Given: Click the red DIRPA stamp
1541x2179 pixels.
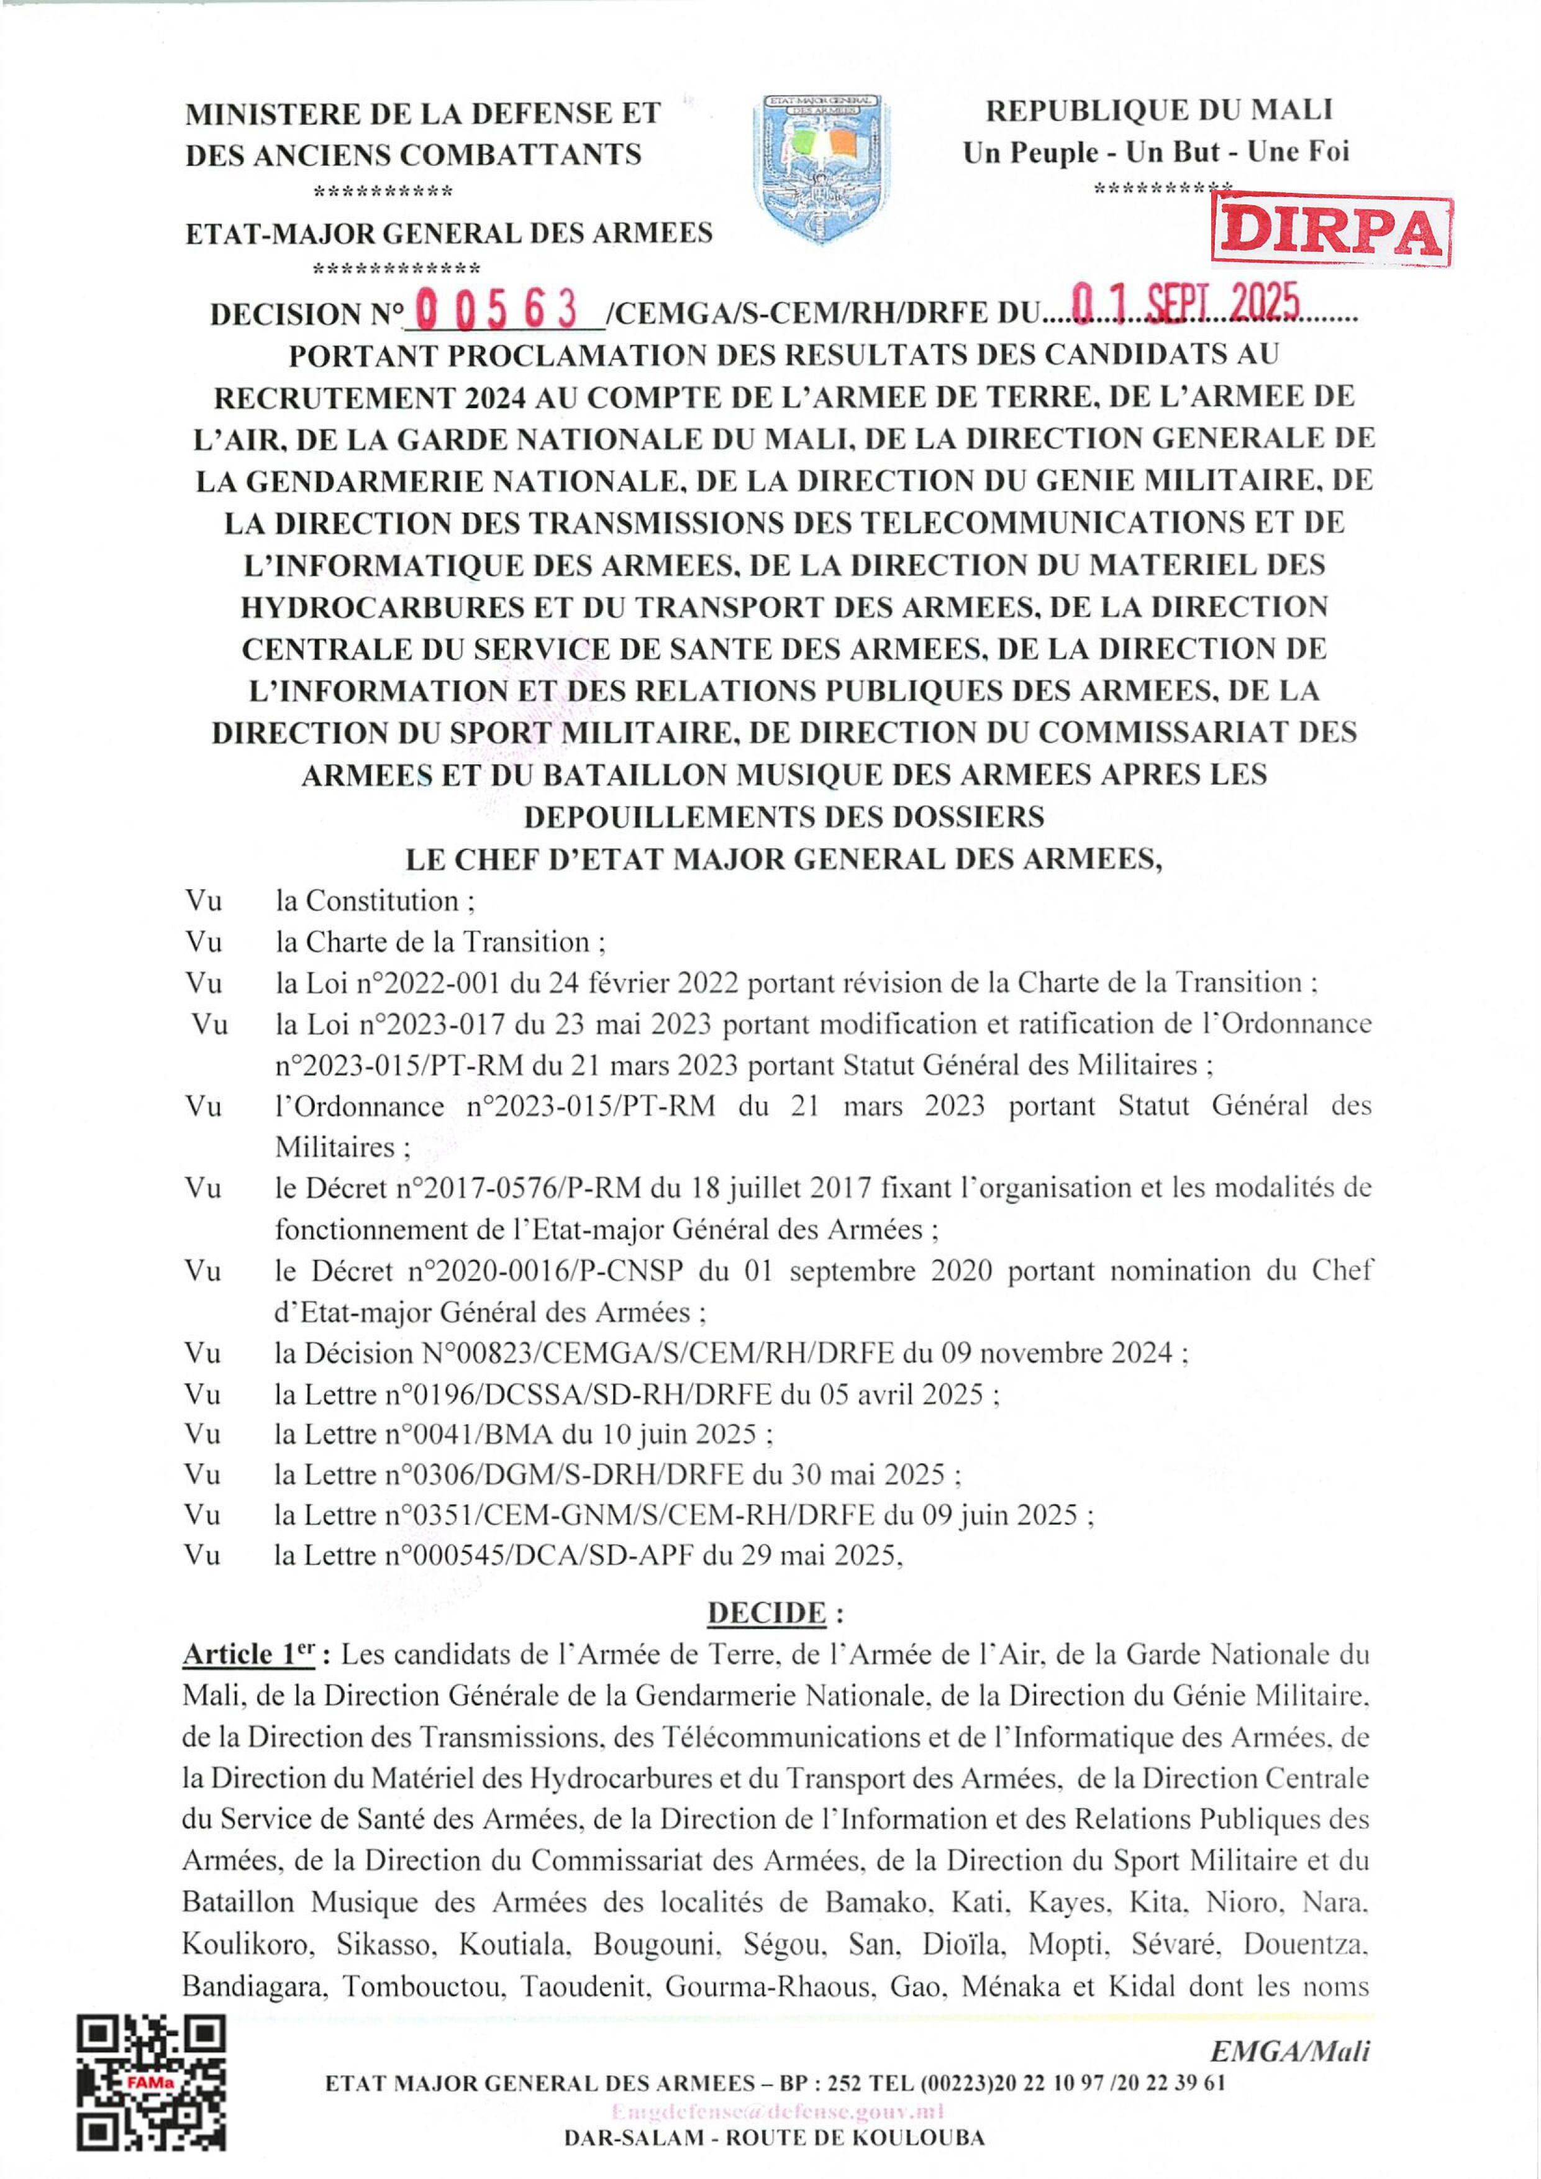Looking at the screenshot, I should tap(1331, 231).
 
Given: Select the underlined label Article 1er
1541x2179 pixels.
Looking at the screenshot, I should tap(250, 1654).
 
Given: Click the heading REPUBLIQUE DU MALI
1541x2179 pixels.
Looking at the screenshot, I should tap(1158, 110).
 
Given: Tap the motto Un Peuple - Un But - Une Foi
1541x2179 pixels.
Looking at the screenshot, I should tap(1156, 152).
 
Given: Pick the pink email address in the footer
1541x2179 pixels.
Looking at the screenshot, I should tap(777, 2111).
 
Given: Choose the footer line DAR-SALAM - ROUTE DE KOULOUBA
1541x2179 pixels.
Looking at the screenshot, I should tap(775, 2138).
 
